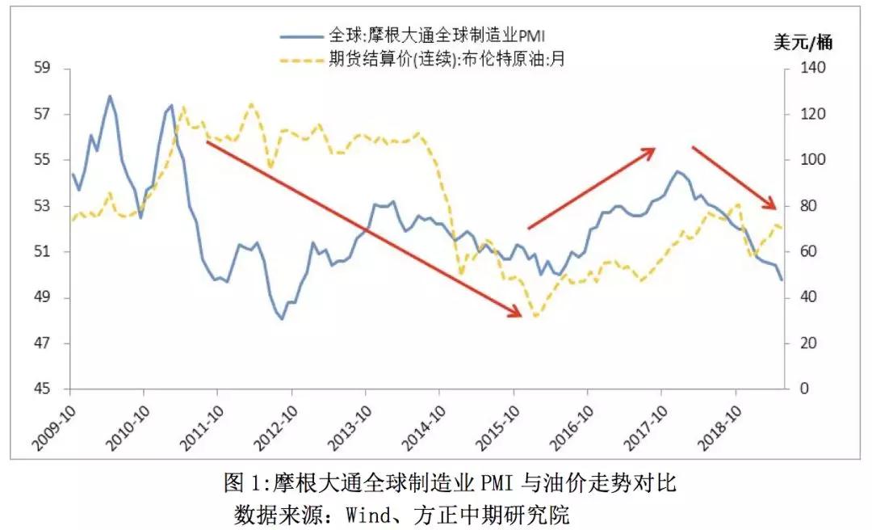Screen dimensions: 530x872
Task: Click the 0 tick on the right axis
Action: pos(803,389)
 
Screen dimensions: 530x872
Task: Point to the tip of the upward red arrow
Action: pos(655,149)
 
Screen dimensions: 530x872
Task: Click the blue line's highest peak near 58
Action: pos(110,95)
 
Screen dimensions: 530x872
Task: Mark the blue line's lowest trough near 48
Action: pos(282,319)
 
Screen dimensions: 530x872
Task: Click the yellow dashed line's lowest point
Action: pos(535,316)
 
